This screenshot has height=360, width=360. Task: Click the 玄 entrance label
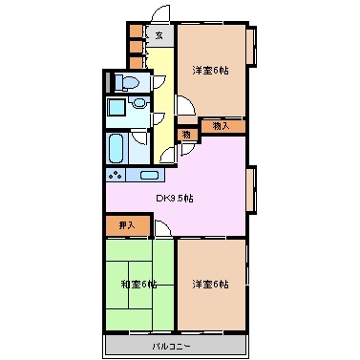point(159,36)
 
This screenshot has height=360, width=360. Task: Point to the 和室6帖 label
point(138,283)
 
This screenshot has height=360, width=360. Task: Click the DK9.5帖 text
point(176,198)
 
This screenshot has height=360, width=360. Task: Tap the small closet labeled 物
point(187,135)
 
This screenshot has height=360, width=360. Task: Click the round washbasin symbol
point(140,104)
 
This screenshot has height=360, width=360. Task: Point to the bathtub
point(117,148)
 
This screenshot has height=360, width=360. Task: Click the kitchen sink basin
point(149,176)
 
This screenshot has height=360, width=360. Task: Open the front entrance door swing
point(159,14)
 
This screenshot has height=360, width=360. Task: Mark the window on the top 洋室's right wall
point(252,48)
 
